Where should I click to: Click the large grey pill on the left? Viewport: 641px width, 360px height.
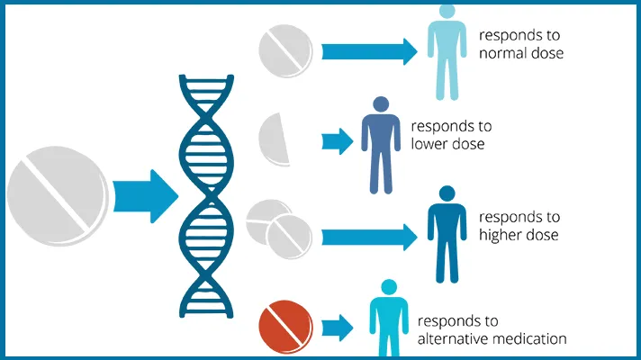58,195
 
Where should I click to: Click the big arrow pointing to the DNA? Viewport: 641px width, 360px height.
146,196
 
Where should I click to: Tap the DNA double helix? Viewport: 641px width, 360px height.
206,196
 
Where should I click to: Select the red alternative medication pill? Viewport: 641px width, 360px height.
285,327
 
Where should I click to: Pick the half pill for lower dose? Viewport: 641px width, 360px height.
275,139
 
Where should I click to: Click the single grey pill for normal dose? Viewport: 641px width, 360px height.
285,50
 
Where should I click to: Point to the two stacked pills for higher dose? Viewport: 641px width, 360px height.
279,229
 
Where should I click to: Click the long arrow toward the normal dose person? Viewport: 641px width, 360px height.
369,52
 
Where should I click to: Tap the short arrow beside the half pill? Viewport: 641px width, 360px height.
338,141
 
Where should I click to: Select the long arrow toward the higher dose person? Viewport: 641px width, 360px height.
369,237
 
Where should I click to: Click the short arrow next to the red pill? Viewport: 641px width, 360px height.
338,328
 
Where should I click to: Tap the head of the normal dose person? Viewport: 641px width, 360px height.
447,11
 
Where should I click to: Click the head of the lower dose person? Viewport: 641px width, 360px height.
381,104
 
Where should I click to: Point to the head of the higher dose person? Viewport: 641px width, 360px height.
447,193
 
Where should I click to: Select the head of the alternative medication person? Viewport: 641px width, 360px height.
389,287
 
